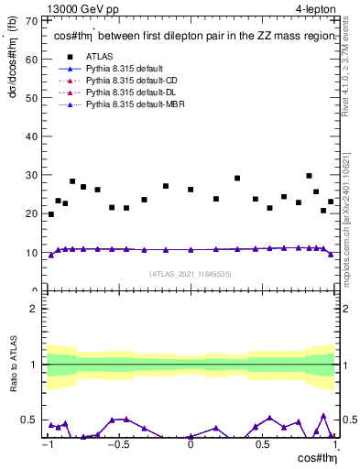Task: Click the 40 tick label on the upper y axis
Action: pos(32,136)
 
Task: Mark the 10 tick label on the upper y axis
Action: pos(32,252)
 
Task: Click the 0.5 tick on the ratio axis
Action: pos(29,420)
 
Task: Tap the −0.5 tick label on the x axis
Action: pos(117,445)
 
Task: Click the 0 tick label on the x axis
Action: pos(190,445)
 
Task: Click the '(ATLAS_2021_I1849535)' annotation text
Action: pos(190,274)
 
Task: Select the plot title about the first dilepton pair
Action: pos(194,36)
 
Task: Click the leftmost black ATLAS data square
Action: pos(50,214)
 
